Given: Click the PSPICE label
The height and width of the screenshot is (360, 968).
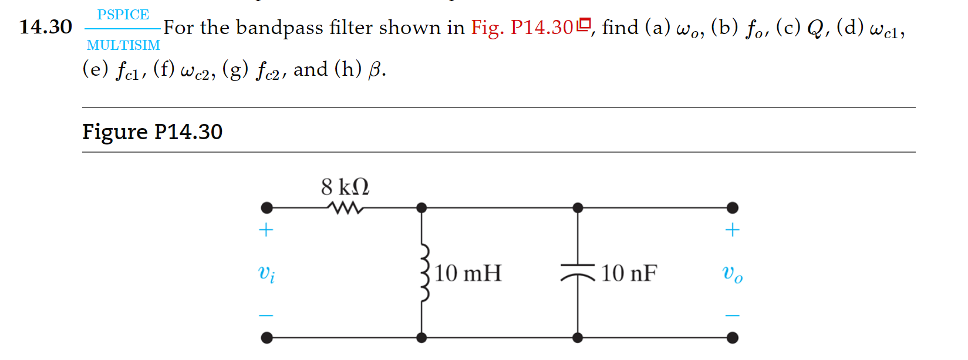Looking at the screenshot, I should (123, 15).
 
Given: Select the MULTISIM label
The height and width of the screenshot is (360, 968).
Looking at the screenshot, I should (123, 45).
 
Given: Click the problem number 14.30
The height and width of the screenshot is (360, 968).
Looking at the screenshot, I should (46, 27).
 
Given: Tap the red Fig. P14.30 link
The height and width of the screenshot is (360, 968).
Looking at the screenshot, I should (522, 28).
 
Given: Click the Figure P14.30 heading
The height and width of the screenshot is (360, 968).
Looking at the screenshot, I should (153, 132).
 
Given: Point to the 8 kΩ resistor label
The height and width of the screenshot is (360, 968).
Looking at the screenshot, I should (345, 187).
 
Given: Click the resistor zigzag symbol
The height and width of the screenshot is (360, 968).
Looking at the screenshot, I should (345, 207).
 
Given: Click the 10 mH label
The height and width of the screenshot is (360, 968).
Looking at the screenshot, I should (468, 273).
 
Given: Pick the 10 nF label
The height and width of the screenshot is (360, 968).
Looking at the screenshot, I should (629, 273).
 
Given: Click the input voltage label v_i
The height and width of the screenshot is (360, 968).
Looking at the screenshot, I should (266, 273).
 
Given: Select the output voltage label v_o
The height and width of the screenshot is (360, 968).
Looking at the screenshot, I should (732, 273).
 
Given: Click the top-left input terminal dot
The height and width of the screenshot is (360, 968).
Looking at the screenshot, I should (267, 207).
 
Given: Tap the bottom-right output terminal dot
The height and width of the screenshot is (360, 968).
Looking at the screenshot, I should (733, 338).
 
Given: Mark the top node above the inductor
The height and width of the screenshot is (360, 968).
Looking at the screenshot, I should (421, 207).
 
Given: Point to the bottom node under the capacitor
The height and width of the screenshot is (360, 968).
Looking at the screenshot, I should (578, 338).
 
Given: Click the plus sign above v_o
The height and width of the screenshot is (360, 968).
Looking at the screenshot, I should (732, 230).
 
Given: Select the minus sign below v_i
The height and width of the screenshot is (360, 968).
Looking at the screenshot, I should (266, 315).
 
